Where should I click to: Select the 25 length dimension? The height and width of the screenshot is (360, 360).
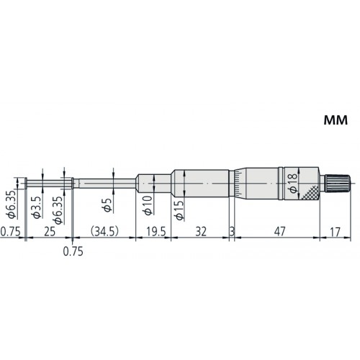tap(49, 233)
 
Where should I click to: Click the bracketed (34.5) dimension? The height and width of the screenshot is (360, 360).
tap(105, 233)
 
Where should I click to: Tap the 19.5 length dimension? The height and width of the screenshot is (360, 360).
tap(154, 233)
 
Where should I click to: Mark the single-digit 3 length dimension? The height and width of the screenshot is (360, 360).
tap(232, 233)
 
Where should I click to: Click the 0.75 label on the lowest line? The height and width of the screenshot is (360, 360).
tap(72, 252)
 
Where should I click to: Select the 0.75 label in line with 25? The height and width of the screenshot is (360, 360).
tap(10, 233)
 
